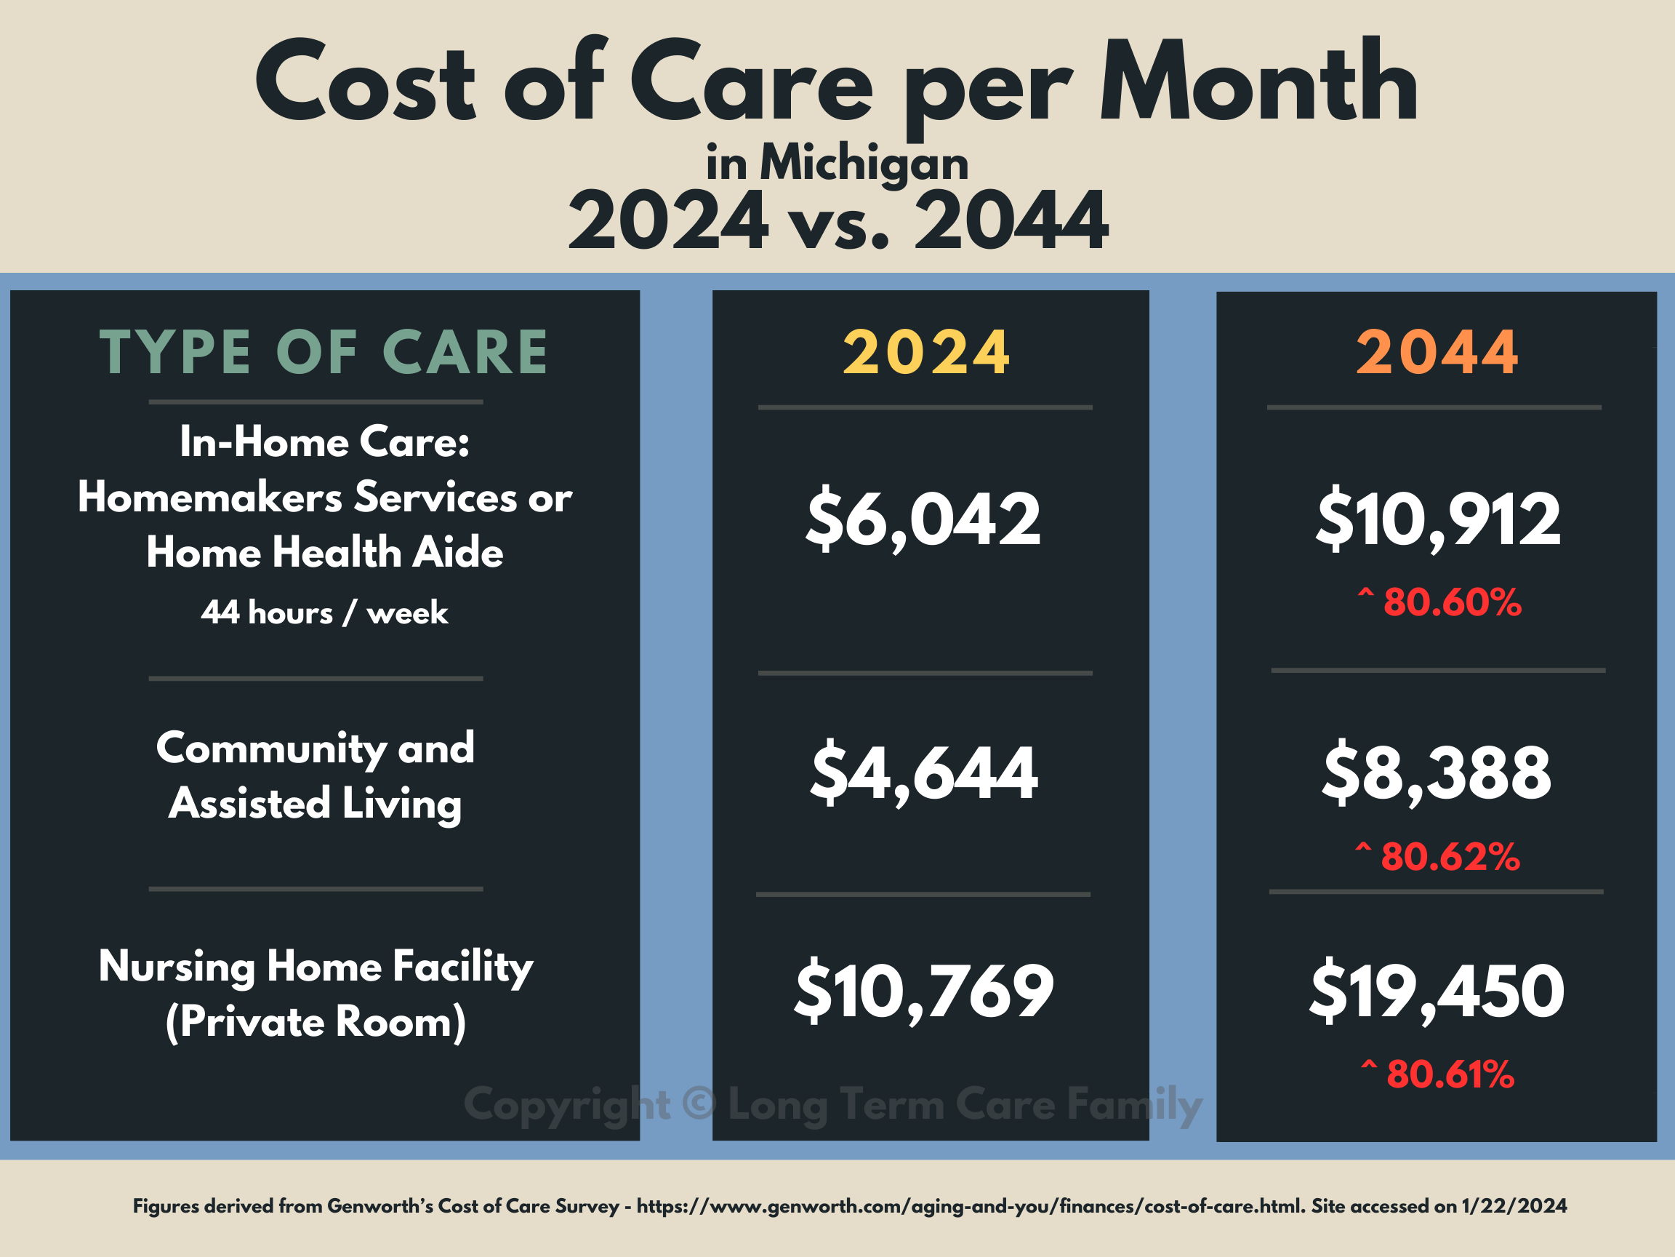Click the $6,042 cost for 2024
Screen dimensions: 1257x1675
(x=923, y=520)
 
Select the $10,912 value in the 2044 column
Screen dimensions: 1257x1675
(x=1438, y=520)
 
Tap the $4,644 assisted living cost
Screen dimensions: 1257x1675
(x=923, y=773)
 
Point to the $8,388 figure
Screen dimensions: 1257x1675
(x=1437, y=773)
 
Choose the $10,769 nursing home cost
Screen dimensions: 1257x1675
(x=923, y=990)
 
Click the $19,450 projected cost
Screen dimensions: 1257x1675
(x=1437, y=990)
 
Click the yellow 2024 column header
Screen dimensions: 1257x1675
(x=926, y=353)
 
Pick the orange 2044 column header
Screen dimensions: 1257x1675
(x=1437, y=353)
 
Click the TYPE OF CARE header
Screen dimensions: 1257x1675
(x=324, y=353)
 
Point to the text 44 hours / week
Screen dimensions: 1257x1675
(x=324, y=613)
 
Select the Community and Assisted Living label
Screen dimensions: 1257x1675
(x=316, y=775)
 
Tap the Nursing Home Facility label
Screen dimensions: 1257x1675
(x=316, y=994)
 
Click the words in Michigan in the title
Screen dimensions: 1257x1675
(x=837, y=162)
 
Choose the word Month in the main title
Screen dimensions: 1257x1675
(x=1258, y=81)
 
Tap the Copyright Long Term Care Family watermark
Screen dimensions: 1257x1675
(x=833, y=1105)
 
